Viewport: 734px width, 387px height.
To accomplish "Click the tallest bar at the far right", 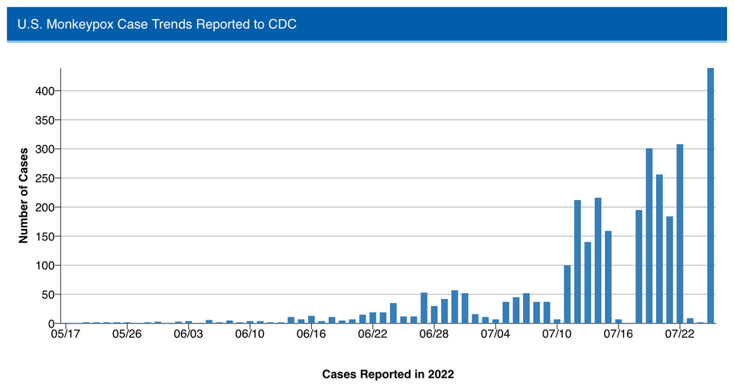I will tap(710, 195).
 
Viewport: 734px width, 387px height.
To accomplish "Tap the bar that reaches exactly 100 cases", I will tap(567, 294).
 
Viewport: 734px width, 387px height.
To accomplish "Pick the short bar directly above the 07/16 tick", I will tap(619, 321).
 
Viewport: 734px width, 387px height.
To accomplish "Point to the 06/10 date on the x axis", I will tap(249, 334).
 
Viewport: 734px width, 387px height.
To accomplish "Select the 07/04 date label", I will tap(495, 334).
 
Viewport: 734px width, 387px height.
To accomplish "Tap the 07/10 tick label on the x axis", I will tap(557, 334).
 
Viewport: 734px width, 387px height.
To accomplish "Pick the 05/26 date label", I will tap(127, 334).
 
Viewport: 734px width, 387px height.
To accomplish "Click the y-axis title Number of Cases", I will tap(23, 195).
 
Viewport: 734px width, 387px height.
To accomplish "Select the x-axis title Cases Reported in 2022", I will tap(388, 374).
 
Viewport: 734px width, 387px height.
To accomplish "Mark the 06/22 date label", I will tap(372, 334).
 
